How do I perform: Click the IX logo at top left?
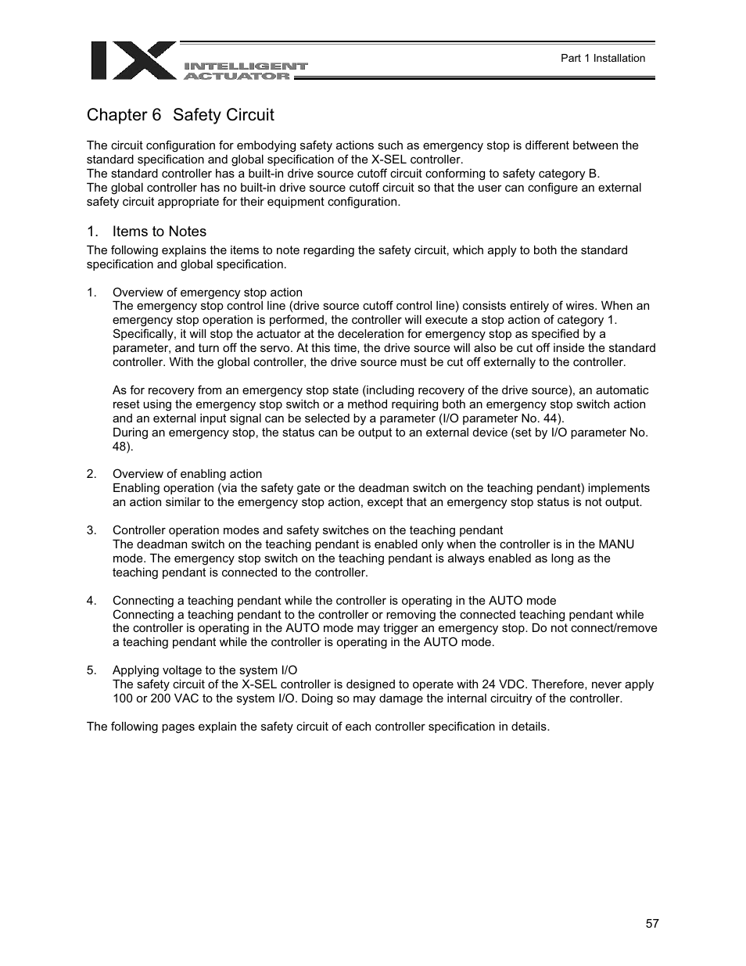pyautogui.click(x=133, y=61)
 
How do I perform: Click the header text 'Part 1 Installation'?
pyautogui.click(x=603, y=58)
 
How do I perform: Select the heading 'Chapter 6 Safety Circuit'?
pyautogui.click(x=181, y=115)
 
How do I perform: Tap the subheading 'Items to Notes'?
pyautogui.click(x=160, y=232)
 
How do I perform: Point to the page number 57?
pyautogui.click(x=652, y=924)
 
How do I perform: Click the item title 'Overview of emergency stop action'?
pyautogui.click(x=207, y=293)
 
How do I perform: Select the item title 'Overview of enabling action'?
pyautogui.click(x=187, y=474)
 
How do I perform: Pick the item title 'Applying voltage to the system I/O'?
pyautogui.click(x=205, y=670)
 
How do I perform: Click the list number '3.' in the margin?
pyautogui.click(x=91, y=530)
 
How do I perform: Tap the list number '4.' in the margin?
pyautogui.click(x=91, y=601)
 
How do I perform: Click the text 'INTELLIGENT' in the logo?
pyautogui.click(x=246, y=66)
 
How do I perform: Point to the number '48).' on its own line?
pyautogui.click(x=123, y=447)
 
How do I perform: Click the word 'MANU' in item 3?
pyautogui.click(x=616, y=544)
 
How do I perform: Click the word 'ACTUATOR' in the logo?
pyautogui.click(x=237, y=76)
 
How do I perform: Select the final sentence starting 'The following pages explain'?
pyautogui.click(x=318, y=727)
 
